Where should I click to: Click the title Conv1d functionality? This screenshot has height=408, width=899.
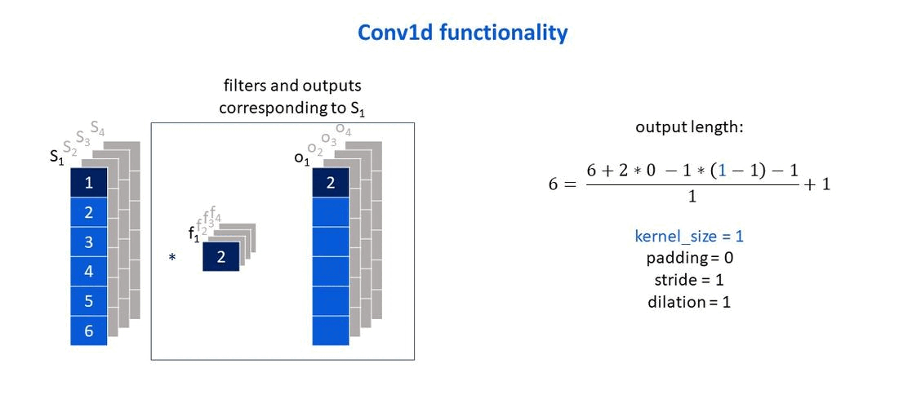click(463, 33)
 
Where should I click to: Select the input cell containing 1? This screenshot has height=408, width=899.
click(89, 183)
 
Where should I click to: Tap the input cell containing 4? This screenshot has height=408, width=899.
click(89, 272)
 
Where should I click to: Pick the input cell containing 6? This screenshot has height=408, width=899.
click(89, 330)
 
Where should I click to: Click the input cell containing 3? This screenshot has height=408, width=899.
click(89, 242)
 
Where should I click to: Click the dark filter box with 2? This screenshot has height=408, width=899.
click(220, 257)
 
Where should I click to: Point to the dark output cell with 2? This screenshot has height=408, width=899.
click(331, 183)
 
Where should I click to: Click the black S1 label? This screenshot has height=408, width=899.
click(57, 157)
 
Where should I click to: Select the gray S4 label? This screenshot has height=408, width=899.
click(97, 127)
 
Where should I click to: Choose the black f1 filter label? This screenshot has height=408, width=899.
click(194, 234)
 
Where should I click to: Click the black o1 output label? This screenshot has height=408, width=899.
click(301, 159)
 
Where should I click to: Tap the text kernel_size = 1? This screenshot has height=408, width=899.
click(689, 236)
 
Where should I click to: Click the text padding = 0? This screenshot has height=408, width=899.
click(690, 258)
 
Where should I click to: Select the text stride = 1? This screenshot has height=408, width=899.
click(690, 280)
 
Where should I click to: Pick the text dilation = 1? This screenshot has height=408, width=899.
click(689, 301)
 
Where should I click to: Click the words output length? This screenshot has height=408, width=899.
click(689, 127)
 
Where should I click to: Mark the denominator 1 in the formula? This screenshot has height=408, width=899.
click(692, 197)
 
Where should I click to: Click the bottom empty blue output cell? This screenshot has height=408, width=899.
click(331, 330)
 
